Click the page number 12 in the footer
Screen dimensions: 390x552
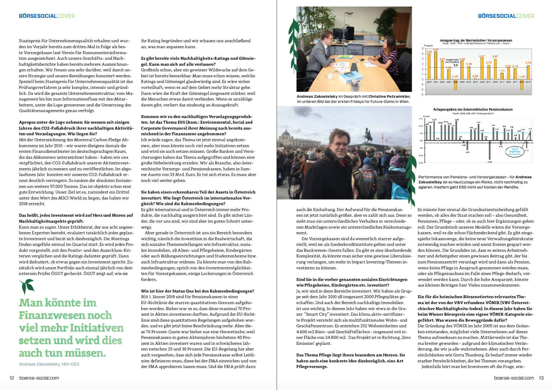click(x=11, y=378)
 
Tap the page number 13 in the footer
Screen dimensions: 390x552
click(x=541, y=378)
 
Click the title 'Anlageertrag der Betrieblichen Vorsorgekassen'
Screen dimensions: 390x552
click(x=476, y=40)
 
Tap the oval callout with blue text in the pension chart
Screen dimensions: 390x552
click(x=514, y=151)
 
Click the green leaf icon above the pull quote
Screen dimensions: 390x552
click(x=27, y=286)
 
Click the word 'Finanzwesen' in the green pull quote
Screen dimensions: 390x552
click(x=65, y=315)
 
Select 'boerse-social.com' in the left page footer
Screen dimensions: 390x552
click(x=39, y=378)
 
